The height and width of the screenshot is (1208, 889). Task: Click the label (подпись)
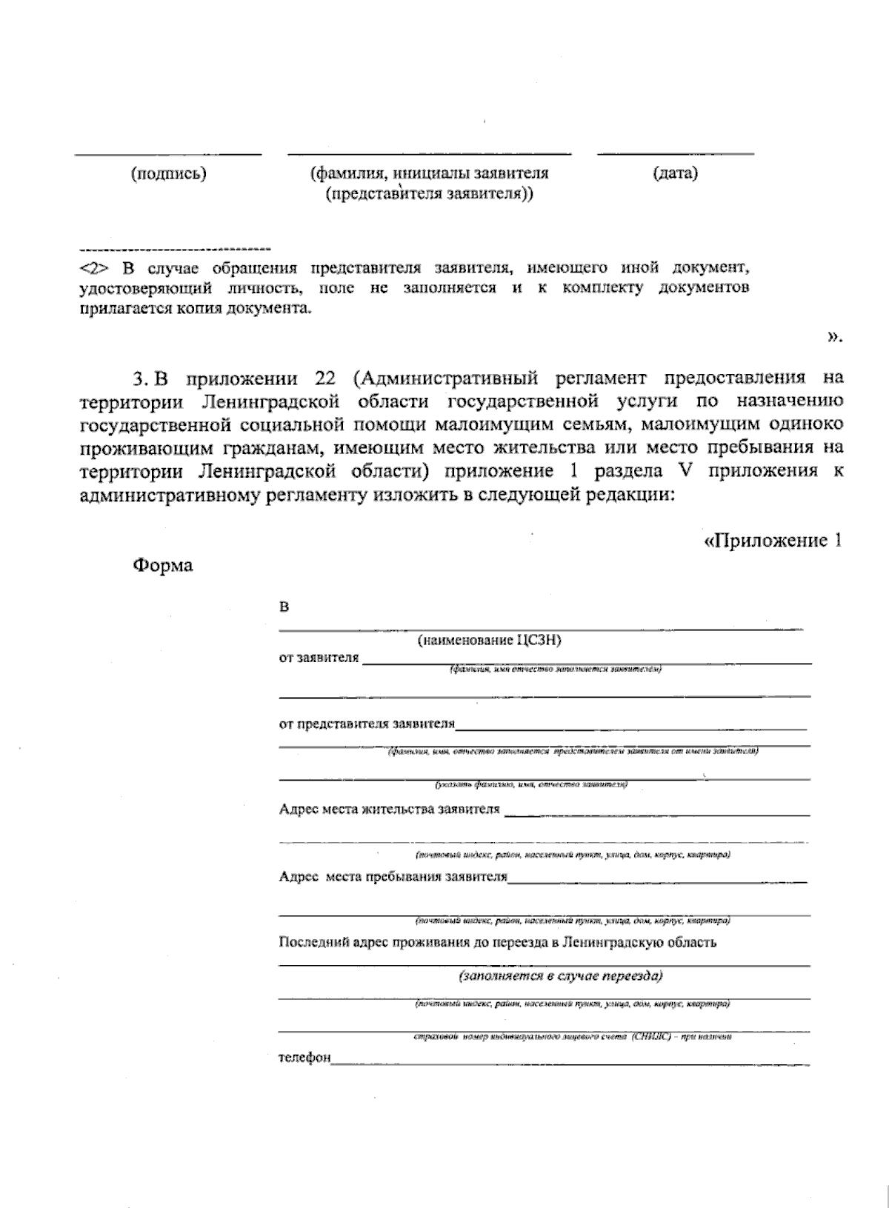(168, 174)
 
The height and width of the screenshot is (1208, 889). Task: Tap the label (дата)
(675, 173)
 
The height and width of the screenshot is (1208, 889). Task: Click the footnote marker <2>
(94, 268)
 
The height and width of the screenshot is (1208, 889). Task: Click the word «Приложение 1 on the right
(773, 540)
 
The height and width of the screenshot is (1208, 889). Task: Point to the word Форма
(163, 566)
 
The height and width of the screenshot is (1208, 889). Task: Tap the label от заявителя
(319, 658)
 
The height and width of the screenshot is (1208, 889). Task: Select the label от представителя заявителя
(367, 724)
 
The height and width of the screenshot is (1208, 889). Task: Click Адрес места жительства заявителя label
(390, 809)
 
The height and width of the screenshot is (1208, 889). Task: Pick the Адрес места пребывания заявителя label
(393, 876)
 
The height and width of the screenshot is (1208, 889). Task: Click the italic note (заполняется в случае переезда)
(561, 975)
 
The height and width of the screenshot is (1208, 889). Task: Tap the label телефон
(304, 1057)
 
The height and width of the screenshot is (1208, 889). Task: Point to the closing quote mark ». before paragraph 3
(835, 338)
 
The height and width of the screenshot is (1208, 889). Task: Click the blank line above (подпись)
(168, 155)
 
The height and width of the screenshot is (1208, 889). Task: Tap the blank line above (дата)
(675, 154)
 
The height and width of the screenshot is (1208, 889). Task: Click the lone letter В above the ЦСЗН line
(284, 607)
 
